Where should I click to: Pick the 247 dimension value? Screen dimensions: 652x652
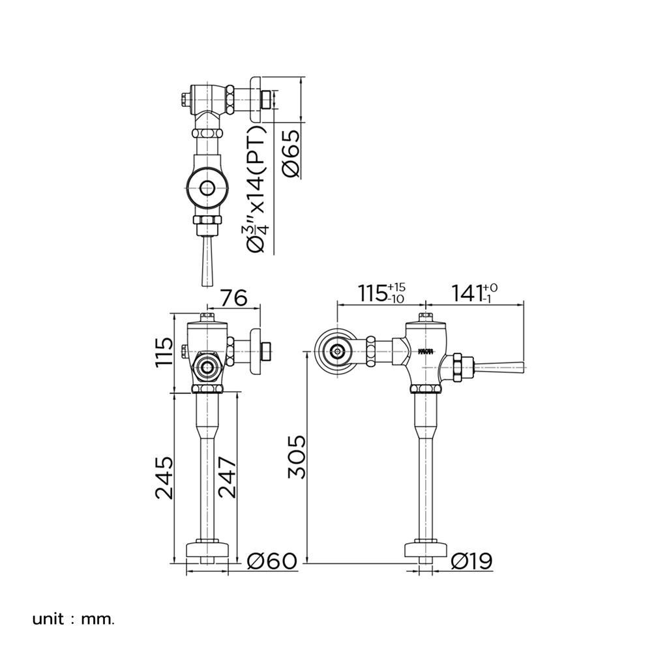pos(227,477)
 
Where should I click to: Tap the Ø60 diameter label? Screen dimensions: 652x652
pos(274,561)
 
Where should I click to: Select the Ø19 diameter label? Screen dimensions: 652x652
pos(471,561)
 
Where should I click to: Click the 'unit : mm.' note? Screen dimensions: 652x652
pos(73,618)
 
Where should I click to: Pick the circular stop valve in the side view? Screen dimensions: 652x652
pos(336,351)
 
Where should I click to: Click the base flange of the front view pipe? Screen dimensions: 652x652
pos(209,550)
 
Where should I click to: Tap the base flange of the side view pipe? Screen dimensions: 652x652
pos(425,550)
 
